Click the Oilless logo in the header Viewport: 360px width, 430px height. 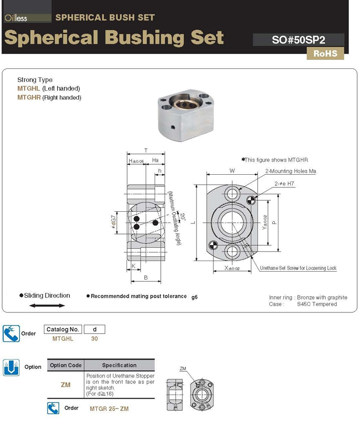point(16,17)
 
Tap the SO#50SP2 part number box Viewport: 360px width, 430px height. point(299,40)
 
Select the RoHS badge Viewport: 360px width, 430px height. point(325,53)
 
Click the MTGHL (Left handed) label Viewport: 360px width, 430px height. point(49,88)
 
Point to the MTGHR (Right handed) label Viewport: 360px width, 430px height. point(49,97)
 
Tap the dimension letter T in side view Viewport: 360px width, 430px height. point(146,150)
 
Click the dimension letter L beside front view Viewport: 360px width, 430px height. point(193,222)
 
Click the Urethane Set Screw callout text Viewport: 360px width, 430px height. point(298,268)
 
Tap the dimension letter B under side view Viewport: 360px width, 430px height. point(146,277)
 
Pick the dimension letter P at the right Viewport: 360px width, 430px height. point(274,223)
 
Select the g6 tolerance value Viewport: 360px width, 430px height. point(194,297)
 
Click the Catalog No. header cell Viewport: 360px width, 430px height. point(62,329)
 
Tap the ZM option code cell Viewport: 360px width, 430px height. point(66,385)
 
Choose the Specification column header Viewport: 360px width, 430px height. point(119,365)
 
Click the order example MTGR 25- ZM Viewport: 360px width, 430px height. point(109,409)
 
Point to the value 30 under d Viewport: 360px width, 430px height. point(94,338)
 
